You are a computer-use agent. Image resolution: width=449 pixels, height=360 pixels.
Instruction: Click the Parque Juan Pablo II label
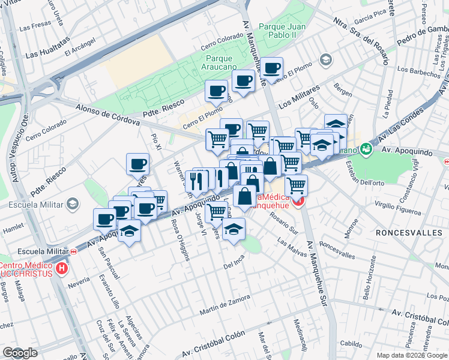pyautogui.click(x=282, y=31)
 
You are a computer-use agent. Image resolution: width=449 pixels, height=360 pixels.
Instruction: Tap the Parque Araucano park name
pyautogui.click(x=223, y=63)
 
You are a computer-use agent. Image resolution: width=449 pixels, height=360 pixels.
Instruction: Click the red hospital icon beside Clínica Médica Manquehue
pyautogui.click(x=298, y=203)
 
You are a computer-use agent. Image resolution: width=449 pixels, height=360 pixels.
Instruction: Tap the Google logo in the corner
pyautogui.click(x=20, y=353)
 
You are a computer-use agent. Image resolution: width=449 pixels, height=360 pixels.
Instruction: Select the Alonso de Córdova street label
pyautogui.click(x=107, y=115)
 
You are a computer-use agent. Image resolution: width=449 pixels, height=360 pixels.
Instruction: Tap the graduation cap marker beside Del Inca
pyautogui.click(x=234, y=228)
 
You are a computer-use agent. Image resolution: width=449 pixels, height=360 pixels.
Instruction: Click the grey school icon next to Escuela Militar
pyautogui.click(x=73, y=205)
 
